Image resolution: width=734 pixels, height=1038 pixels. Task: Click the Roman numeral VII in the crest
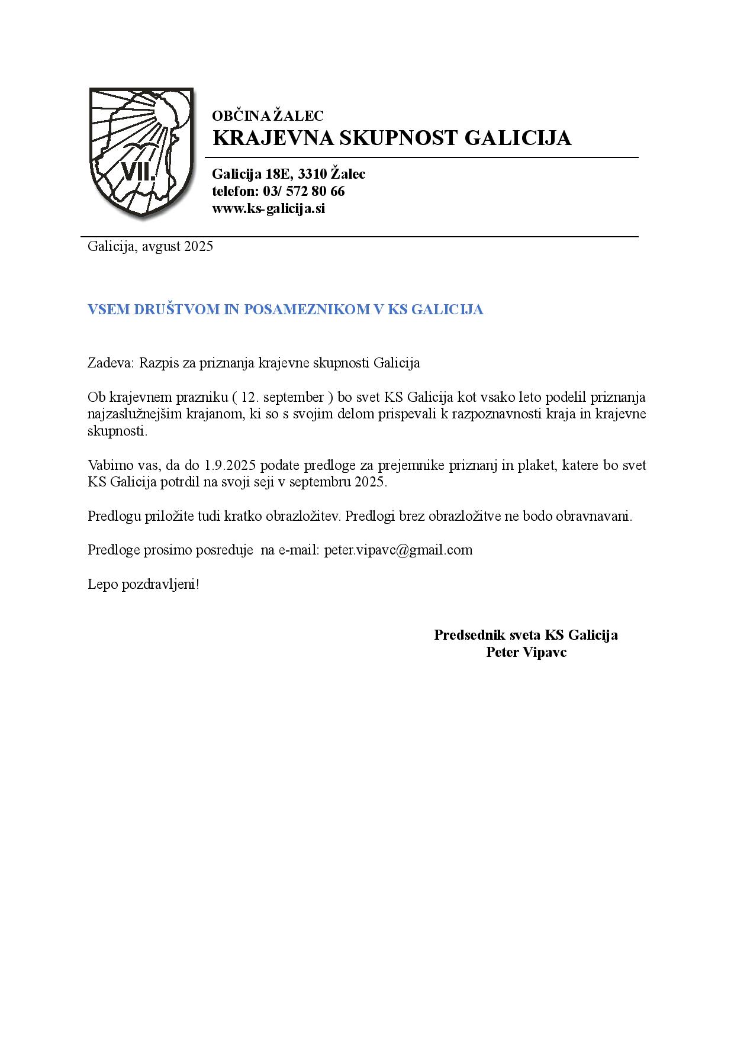click(x=138, y=172)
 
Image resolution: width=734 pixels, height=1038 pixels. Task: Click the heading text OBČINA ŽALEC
click(x=268, y=116)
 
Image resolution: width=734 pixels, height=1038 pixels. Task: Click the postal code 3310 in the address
click(x=311, y=174)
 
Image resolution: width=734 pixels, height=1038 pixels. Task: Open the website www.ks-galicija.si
click(x=268, y=208)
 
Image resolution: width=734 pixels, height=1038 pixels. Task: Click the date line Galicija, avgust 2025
click(x=150, y=246)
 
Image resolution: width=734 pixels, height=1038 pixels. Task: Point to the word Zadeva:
click(x=111, y=363)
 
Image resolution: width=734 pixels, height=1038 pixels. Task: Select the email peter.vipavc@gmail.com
click(x=398, y=550)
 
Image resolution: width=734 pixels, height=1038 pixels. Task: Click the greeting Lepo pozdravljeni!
click(x=143, y=585)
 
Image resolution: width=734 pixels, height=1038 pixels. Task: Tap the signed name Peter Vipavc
click(x=526, y=652)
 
